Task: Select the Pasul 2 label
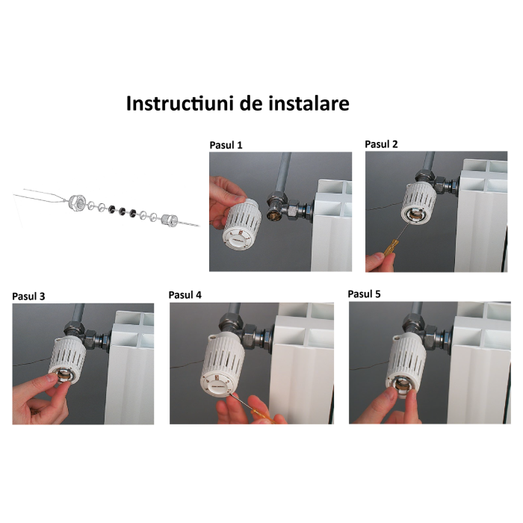(383, 143)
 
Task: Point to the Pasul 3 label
(29, 296)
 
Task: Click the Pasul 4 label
(186, 294)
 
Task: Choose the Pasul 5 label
(365, 294)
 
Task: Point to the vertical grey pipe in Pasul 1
(283, 172)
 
